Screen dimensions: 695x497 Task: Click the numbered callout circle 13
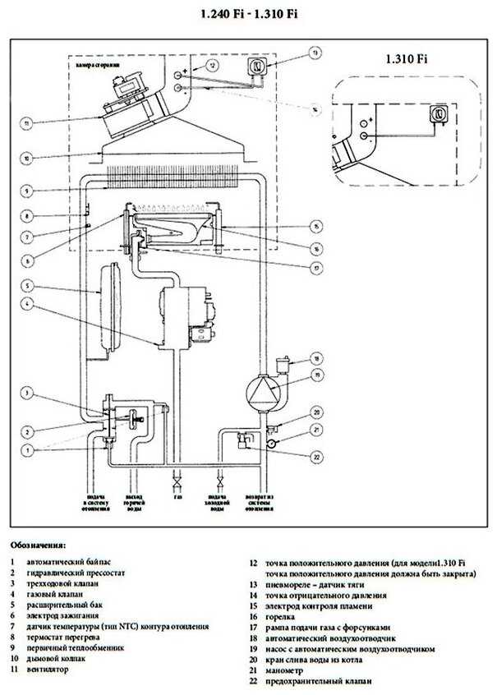pos(313,53)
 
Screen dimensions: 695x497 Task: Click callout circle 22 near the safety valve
pos(315,457)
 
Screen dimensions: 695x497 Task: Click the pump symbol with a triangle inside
pos(262,389)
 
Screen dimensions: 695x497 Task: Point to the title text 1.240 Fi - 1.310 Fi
pos(249,15)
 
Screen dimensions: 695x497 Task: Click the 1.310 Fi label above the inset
pos(405,59)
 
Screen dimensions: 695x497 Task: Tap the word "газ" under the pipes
pos(177,498)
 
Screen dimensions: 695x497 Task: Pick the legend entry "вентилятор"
pos(48,670)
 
